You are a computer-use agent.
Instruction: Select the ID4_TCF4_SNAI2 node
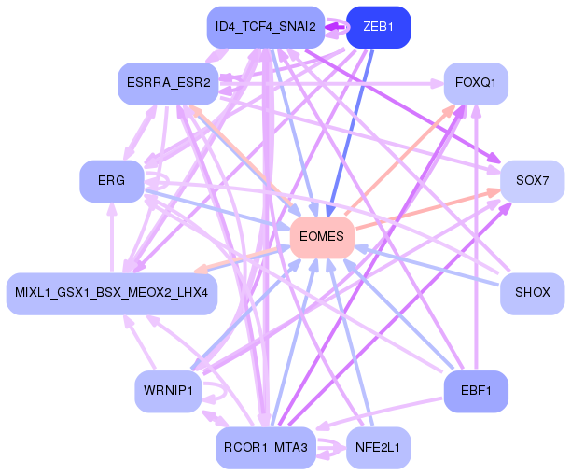click(265, 26)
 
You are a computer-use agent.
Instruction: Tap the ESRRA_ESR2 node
click(168, 84)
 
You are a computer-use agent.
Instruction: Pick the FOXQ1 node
click(475, 84)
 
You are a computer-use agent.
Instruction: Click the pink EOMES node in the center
click(322, 237)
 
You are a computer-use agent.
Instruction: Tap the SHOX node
click(532, 294)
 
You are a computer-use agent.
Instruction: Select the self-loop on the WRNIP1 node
click(216, 387)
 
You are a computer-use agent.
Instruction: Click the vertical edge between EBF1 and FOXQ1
click(476, 233)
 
